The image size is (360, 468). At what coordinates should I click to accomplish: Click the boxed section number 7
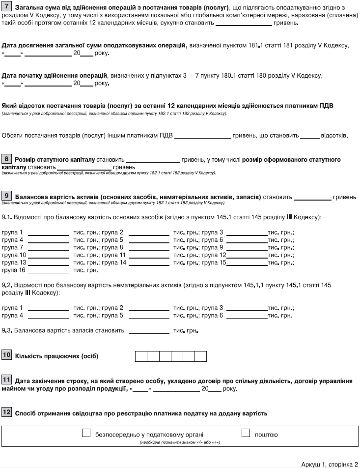[x=7, y=8]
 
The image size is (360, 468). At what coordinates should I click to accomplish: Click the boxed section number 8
[x=7, y=159]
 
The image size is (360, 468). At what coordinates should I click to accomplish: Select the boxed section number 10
[x=7, y=355]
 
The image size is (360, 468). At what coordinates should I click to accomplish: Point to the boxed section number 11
[x=7, y=380]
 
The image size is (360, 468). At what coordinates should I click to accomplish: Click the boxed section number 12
[x=7, y=412]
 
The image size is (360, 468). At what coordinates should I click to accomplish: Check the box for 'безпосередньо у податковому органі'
[x=86, y=434]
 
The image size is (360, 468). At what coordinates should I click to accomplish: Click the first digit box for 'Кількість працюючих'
[x=141, y=356]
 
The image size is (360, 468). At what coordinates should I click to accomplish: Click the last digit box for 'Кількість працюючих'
[x=201, y=356]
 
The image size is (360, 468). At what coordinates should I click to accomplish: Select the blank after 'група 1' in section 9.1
[x=49, y=233]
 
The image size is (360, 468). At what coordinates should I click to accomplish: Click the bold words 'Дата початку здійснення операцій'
[x=55, y=75]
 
